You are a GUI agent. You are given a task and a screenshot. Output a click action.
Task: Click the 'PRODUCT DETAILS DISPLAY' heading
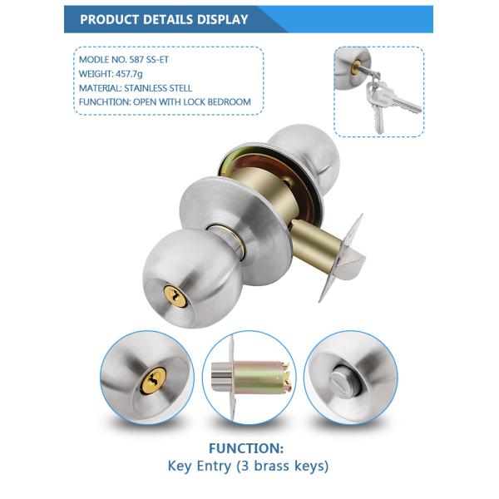click(164, 19)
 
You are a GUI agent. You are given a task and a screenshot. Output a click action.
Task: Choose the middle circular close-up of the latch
click(249, 378)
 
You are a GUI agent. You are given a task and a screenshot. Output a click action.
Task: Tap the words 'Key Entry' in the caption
click(205, 466)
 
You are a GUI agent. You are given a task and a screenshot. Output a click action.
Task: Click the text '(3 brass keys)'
click(287, 466)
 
